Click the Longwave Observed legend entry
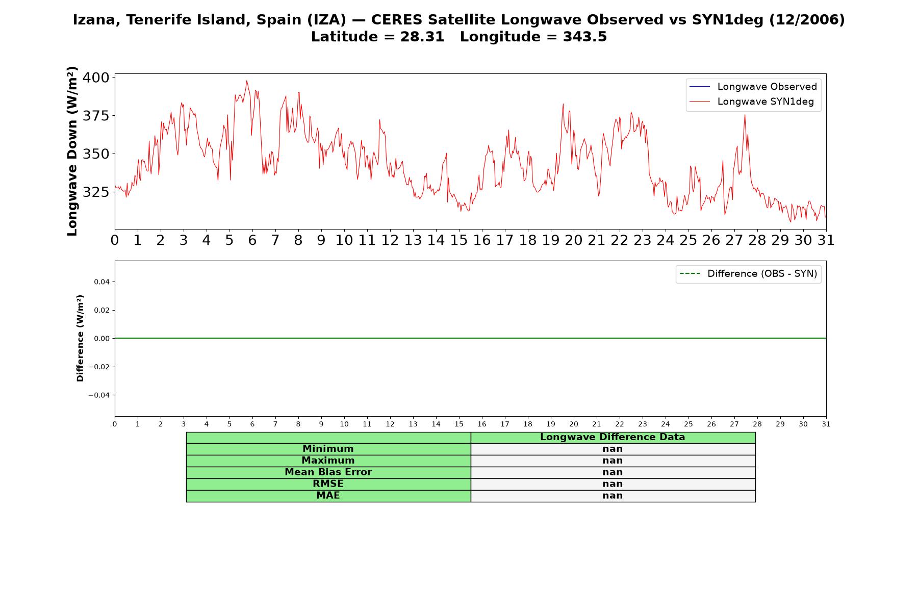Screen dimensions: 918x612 tap(753, 87)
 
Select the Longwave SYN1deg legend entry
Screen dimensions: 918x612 tap(752, 101)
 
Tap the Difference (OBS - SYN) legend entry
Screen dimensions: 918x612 tap(748, 274)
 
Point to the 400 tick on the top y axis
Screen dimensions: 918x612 tap(96, 78)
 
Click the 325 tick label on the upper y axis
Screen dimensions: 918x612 tap(96, 192)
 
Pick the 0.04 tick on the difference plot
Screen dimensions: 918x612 tap(101, 282)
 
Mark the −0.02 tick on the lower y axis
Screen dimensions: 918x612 tap(99, 367)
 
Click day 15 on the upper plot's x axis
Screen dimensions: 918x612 tap(459, 240)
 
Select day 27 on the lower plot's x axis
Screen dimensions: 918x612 tap(734, 424)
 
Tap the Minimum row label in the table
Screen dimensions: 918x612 tap(328, 449)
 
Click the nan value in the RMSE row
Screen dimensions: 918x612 tap(613, 484)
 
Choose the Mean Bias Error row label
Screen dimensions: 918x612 tap(328, 472)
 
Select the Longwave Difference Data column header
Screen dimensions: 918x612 tap(613, 437)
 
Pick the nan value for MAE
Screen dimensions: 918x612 tap(613, 496)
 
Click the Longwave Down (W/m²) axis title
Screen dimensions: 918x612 tap(72, 151)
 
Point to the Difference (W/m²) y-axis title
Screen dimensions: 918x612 tap(80, 338)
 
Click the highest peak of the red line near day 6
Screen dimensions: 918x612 tap(246, 81)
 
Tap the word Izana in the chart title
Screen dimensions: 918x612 tap(97, 20)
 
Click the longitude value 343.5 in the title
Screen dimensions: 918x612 tap(585, 37)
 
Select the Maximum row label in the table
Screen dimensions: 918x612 tap(328, 461)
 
